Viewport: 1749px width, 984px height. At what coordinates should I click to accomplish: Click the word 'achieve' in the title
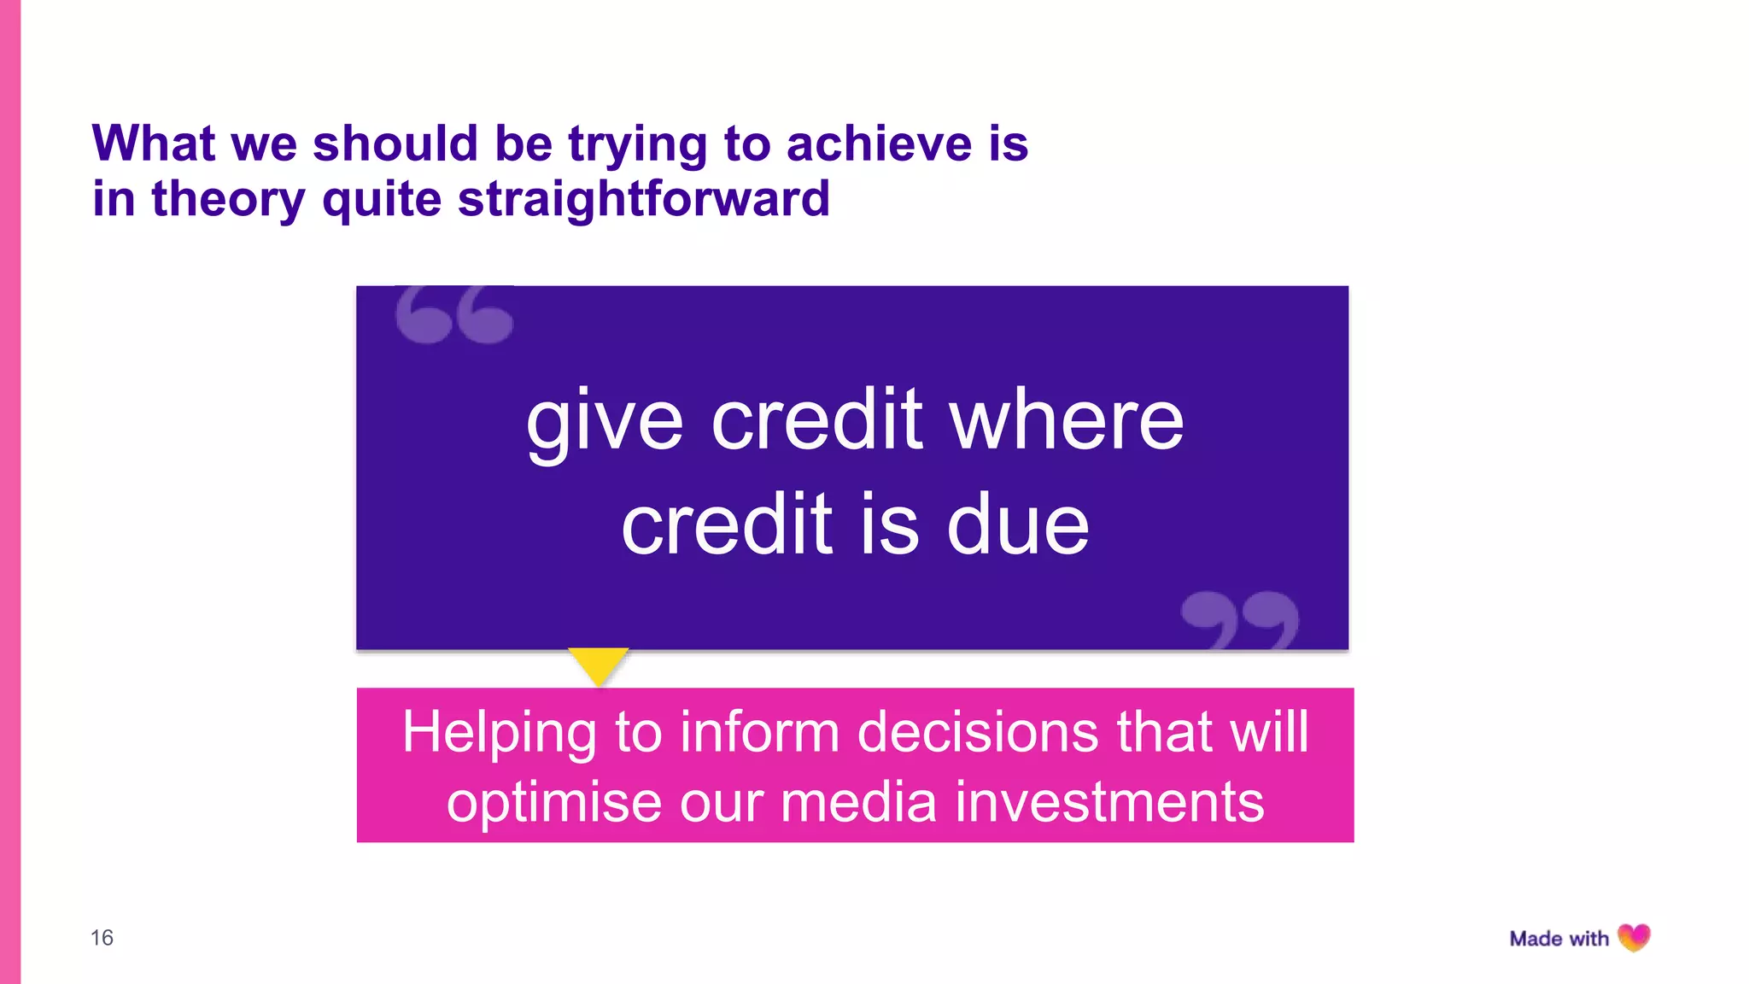point(879,143)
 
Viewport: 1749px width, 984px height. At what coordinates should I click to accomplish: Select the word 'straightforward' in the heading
point(644,200)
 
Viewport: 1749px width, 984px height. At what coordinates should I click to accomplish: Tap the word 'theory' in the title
point(228,200)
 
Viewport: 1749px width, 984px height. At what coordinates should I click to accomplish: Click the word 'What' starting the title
point(154,143)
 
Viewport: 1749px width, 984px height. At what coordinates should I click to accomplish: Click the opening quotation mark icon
point(454,315)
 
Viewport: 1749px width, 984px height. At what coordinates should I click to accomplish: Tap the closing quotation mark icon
point(1240,619)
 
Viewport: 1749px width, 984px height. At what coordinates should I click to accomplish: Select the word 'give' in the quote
point(605,422)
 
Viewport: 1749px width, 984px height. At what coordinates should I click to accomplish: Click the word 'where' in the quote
point(1067,420)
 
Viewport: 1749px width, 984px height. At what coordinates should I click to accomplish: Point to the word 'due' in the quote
point(1018,524)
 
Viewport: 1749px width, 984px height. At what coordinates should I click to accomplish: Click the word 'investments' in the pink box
point(1109,802)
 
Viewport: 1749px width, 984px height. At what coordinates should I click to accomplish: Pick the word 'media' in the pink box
point(858,802)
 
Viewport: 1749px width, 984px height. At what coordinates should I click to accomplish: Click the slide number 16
point(102,938)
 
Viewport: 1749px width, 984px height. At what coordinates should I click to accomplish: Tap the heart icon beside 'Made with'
point(1635,938)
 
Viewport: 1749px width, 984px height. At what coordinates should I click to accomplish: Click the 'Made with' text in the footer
point(1559,939)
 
